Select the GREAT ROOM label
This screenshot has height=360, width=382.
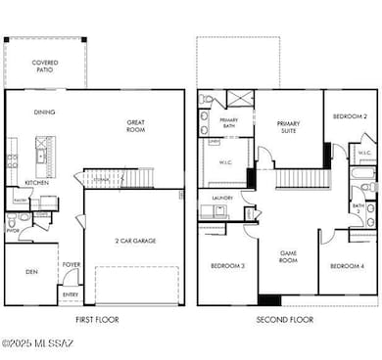135,126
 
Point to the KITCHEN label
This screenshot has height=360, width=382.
36,183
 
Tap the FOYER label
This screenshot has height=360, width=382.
72,264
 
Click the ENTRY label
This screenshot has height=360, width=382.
71,294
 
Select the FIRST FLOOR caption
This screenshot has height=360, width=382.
96,320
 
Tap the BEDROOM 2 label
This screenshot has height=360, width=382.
349,116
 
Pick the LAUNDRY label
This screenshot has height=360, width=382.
221,197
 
